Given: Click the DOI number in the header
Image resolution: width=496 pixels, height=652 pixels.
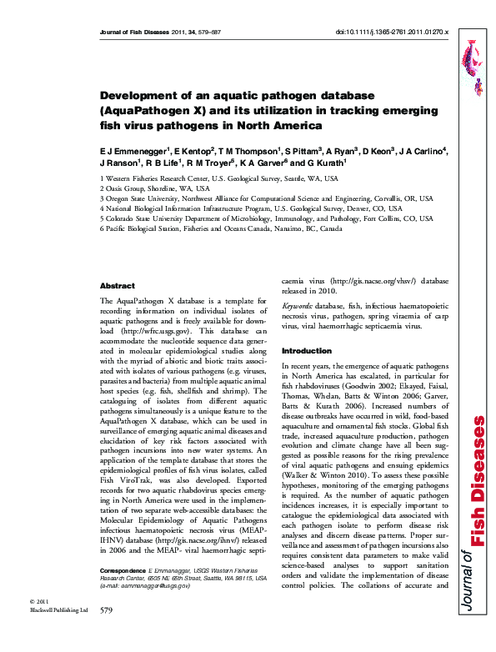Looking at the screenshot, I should tap(391, 33).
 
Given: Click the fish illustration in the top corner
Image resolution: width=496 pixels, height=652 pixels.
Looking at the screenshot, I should tap(468, 63).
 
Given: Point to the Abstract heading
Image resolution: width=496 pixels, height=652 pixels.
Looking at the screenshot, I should tap(117, 285).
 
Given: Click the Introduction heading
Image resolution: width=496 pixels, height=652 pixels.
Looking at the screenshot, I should tap(307, 351).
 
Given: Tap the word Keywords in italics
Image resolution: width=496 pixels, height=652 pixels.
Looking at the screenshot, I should tap(298, 307).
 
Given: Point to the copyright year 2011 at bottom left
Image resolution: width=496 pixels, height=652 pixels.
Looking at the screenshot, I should tap(41, 625).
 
